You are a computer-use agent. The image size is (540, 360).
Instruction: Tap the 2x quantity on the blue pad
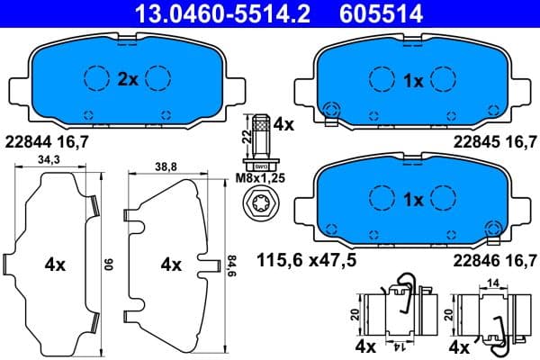(127, 80)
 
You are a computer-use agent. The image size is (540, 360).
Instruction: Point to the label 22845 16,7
(495, 141)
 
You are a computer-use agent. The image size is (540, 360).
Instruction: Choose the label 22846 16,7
(495, 261)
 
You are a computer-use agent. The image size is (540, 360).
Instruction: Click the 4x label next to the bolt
(283, 125)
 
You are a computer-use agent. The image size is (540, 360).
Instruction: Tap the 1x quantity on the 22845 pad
(413, 80)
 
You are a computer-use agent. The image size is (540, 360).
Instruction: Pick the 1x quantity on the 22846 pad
(413, 200)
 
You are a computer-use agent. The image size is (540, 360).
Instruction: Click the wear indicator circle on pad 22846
(490, 229)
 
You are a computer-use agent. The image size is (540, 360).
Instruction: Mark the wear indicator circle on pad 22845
(331, 109)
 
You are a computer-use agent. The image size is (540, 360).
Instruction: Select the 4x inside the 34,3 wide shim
(55, 265)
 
